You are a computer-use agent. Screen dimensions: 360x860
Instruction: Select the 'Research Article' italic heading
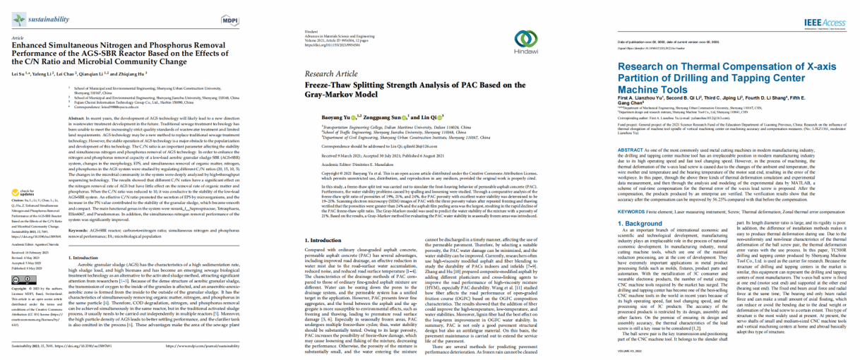tap(332, 73)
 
